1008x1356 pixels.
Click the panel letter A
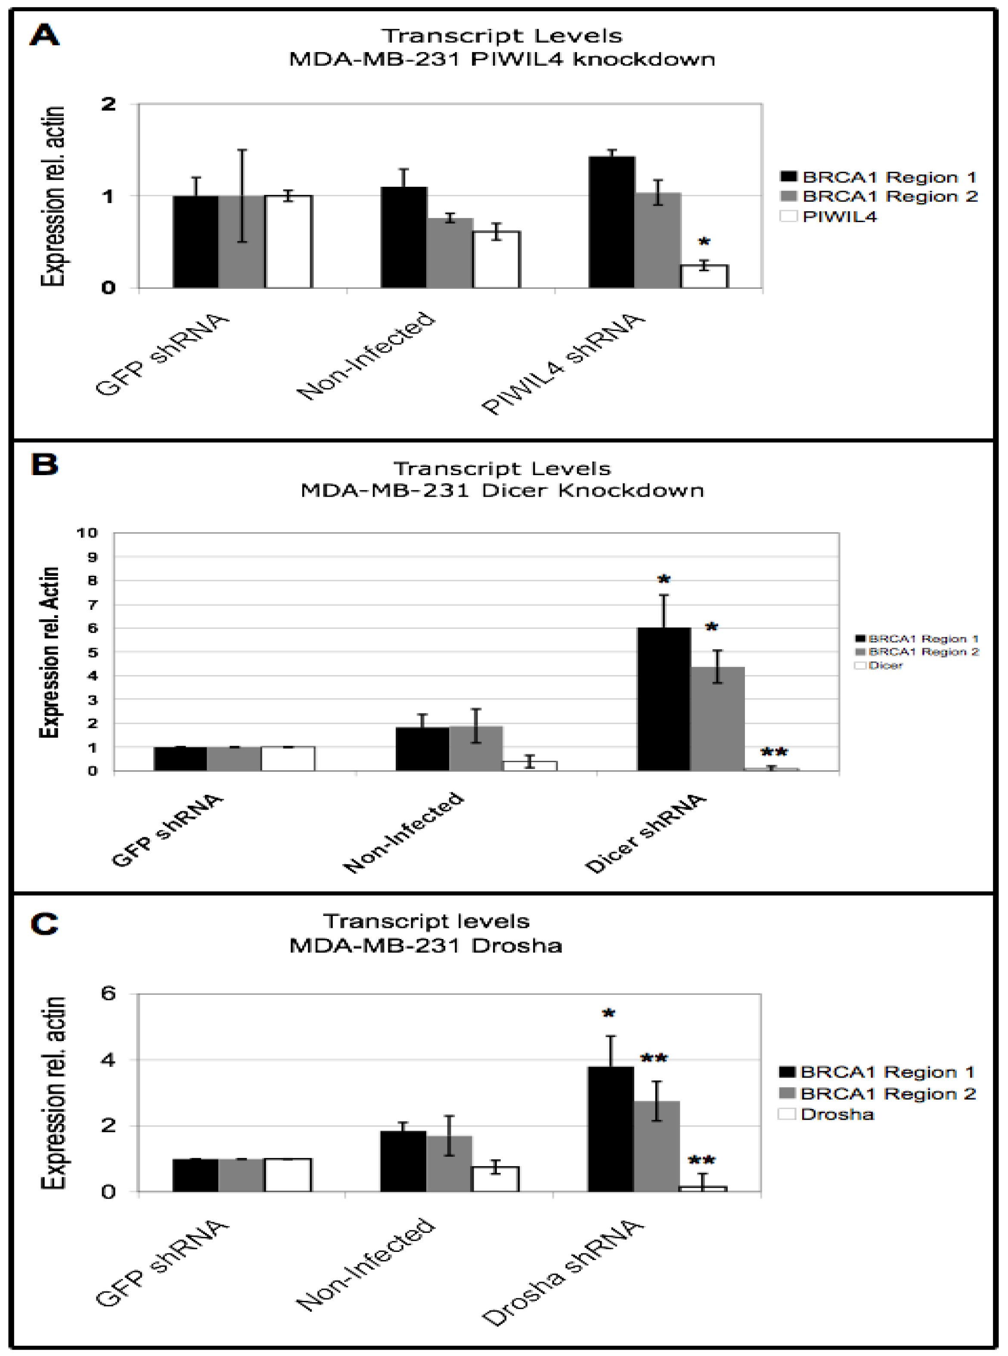coord(44,35)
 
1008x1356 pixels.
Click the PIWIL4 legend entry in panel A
coord(839,216)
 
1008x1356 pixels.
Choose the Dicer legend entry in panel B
coord(885,665)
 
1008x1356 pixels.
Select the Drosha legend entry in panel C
coord(837,1115)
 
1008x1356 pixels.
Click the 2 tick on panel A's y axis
coord(108,104)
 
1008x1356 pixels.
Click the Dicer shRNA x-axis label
coord(645,834)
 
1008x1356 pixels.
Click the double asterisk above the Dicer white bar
coord(774,752)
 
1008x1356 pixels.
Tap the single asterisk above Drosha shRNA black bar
coord(608,1014)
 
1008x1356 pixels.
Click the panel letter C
coord(44,924)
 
